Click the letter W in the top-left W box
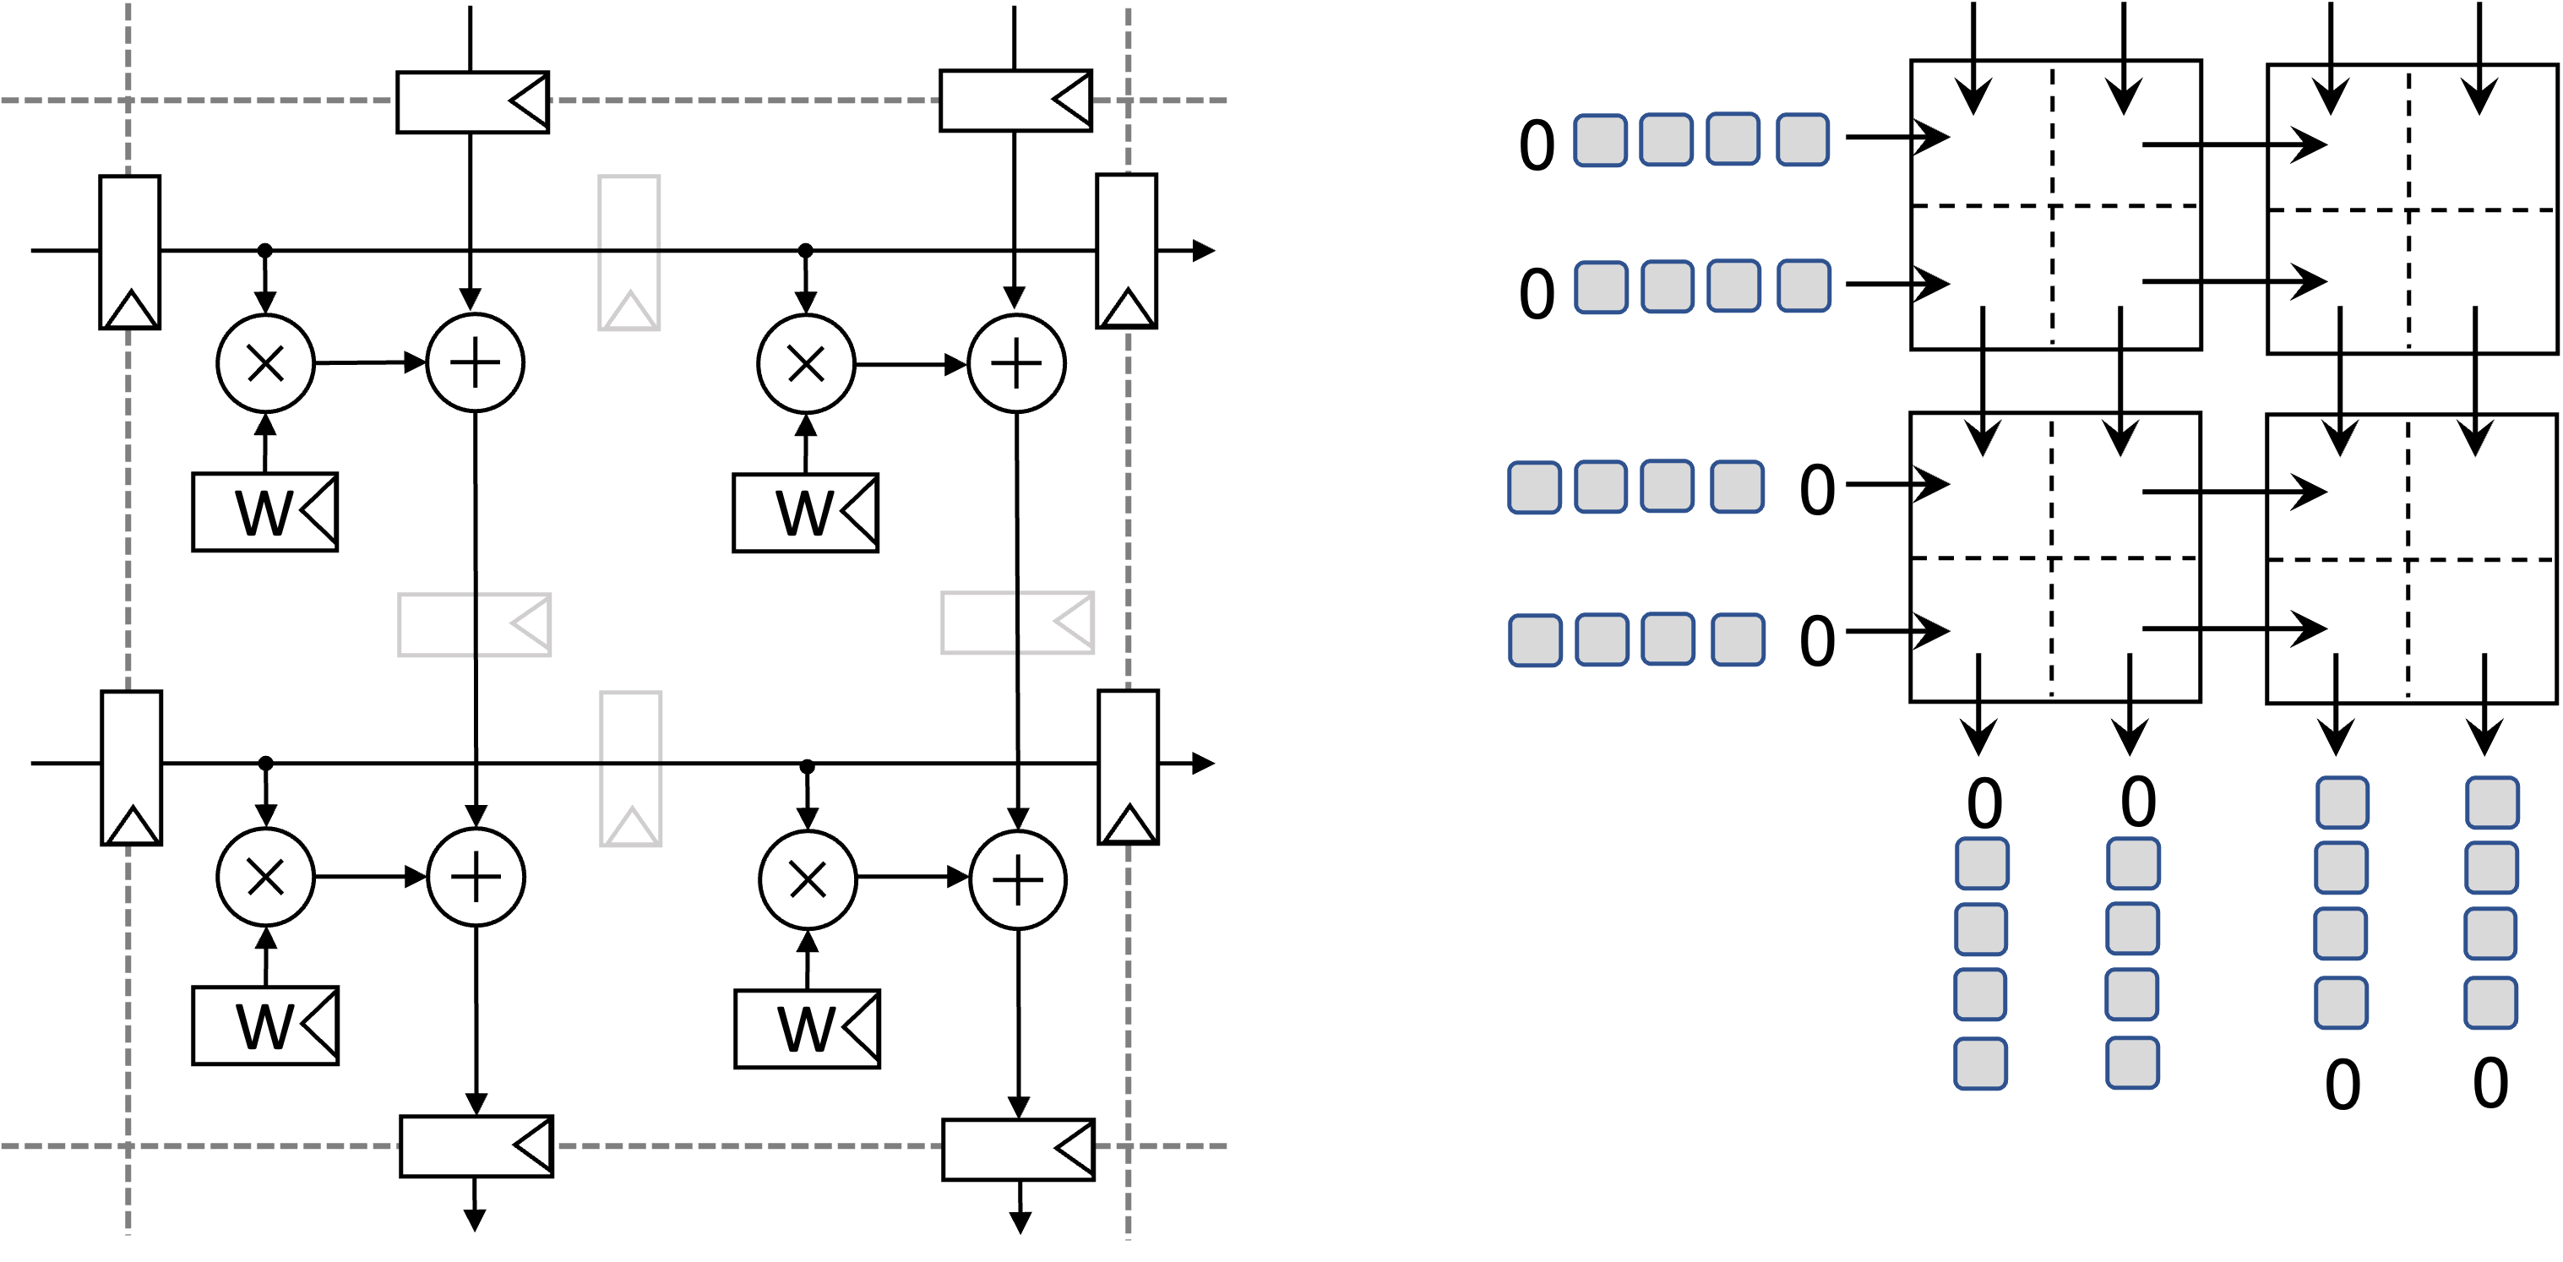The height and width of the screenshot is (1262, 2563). point(262,514)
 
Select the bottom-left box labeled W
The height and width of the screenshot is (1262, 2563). point(264,1026)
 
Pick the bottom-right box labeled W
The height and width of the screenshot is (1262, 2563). point(807,1029)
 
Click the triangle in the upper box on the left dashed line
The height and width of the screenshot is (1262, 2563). point(130,308)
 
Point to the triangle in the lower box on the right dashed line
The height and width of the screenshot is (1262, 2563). point(1129,823)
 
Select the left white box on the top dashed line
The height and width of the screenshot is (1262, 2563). point(471,101)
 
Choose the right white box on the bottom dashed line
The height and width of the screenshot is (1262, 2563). point(1017,1150)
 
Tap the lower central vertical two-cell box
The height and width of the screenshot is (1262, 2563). point(631,769)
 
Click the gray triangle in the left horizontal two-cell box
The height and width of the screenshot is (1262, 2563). point(530,625)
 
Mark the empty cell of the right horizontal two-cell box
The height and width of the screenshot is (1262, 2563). point(978,623)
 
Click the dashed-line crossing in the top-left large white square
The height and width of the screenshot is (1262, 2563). point(2052,206)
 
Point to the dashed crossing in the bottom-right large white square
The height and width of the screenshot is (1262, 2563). point(2408,559)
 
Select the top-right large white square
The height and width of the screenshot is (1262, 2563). point(2411,209)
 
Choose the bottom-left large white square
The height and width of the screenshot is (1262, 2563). point(2054,558)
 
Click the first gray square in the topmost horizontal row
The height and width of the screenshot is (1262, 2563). point(1600,139)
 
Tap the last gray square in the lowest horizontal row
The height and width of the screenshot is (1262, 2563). point(1737,639)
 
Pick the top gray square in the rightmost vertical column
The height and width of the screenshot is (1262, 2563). point(2491,802)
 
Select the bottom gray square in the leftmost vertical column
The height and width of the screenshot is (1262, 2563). point(1980,1063)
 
